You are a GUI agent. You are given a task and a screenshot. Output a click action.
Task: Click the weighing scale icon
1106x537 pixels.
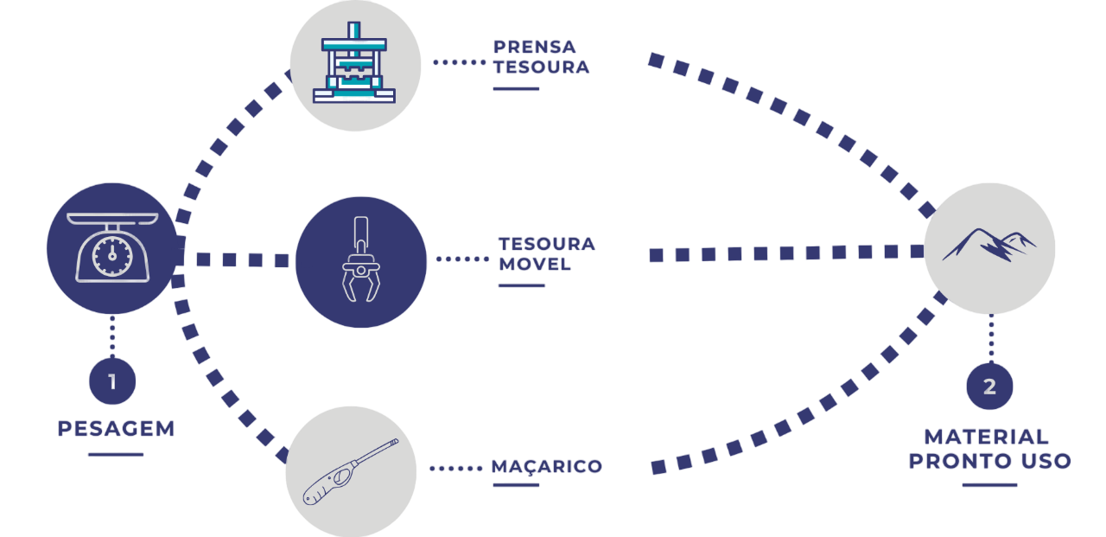point(111,246)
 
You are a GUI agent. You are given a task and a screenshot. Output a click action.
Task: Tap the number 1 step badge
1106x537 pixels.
point(112,380)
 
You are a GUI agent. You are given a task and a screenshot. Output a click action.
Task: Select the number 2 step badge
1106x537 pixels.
point(989,387)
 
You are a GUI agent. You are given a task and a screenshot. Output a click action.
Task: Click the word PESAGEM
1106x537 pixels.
point(117,428)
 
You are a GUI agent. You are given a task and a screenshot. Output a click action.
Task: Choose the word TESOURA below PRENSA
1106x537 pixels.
point(541,67)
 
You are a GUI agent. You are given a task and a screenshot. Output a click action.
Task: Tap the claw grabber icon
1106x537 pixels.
point(360,261)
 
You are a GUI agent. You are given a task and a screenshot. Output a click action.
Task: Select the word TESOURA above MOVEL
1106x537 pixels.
point(547,244)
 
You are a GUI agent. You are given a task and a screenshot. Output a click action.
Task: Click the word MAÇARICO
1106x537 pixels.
point(547,467)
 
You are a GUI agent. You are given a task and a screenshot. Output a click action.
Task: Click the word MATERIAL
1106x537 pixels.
point(987,437)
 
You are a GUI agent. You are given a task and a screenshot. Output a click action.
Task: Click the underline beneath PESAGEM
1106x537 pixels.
point(116,453)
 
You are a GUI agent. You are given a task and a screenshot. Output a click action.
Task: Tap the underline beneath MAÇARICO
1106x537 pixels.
point(516,485)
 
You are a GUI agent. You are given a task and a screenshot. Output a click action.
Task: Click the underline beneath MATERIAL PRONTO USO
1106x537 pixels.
point(989,485)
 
